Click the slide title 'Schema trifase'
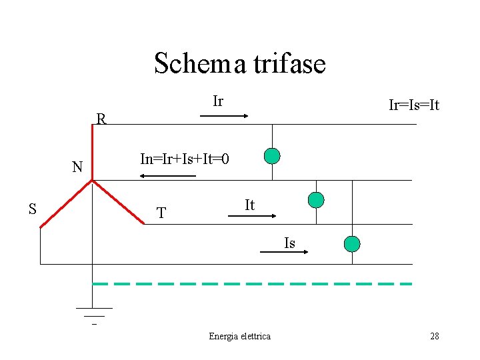240,63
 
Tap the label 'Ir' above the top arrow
218,101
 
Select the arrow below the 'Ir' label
224,116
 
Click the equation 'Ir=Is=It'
414,106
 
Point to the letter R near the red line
101,119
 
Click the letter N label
77,167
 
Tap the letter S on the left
32,209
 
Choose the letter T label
161,213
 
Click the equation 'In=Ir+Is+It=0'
185,159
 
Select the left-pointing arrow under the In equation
167,176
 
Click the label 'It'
249,205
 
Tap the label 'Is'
289,243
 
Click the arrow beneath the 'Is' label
293,253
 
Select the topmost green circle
272,156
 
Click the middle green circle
316,199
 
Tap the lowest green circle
351,243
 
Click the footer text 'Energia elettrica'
240,336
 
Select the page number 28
435,336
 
